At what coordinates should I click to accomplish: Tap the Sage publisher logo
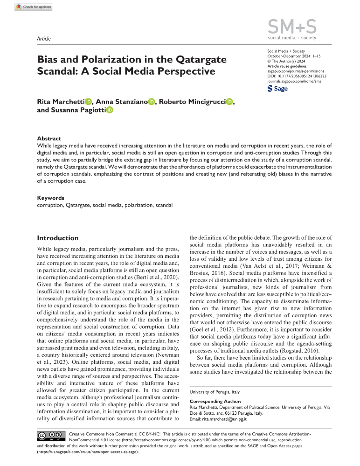coord(277,88)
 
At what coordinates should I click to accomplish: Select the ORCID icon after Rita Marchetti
coord(89,102)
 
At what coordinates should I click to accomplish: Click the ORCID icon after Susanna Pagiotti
coord(110,111)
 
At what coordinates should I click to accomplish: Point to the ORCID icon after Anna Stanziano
coord(152,102)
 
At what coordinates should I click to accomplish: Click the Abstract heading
coord(48,138)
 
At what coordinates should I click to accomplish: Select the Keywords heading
coord(50,198)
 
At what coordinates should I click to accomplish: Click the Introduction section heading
coord(58,238)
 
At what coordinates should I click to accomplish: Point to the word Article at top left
coord(44,38)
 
